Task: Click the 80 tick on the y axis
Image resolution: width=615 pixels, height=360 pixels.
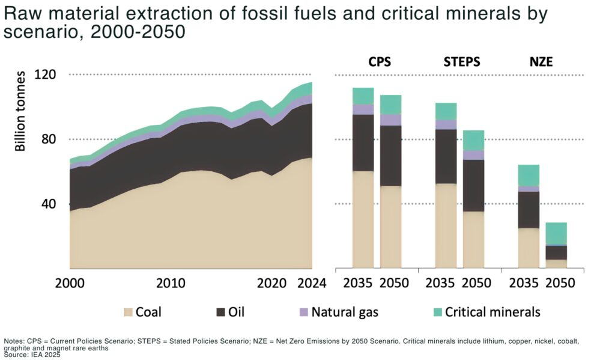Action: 48,139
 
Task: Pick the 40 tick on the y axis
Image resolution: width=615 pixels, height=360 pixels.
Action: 48,204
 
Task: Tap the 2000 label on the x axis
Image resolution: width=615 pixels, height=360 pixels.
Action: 70,283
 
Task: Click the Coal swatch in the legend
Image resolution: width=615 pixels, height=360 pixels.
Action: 129,312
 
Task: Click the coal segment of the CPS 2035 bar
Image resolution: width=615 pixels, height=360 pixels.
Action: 363,220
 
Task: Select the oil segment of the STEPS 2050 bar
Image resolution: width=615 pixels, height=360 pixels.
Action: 473,185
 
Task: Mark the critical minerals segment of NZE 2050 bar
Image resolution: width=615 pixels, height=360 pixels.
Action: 556,234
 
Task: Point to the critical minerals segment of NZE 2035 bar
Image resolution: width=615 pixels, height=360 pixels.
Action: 529,175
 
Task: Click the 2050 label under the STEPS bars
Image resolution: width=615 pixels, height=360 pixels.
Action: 473,283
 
